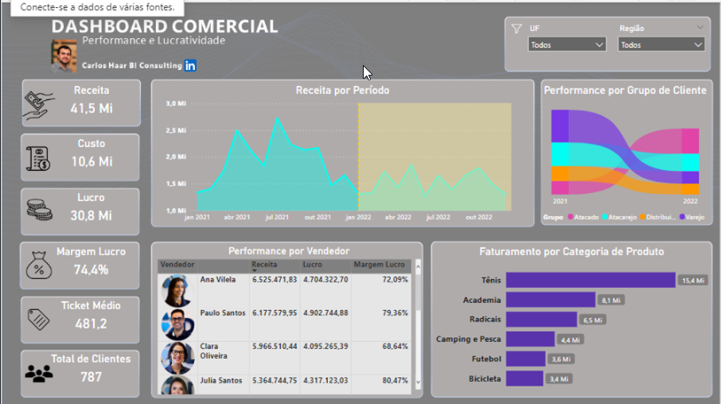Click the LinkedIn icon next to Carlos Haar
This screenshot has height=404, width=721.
pyautogui.click(x=190, y=65)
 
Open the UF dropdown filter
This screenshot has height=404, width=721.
pyautogui.click(x=567, y=45)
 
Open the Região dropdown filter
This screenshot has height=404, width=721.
pyautogui.click(x=661, y=45)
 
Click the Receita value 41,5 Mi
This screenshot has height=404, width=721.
pyautogui.click(x=92, y=108)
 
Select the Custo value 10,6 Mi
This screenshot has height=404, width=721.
pyautogui.click(x=92, y=161)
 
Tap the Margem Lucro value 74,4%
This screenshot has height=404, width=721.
pyautogui.click(x=91, y=270)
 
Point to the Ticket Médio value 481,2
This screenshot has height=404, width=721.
pyautogui.click(x=91, y=324)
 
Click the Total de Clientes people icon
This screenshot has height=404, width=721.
pyautogui.click(x=39, y=372)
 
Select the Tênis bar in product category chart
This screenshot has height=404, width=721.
pyautogui.click(x=590, y=280)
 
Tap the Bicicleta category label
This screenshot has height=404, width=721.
pyautogui.click(x=485, y=379)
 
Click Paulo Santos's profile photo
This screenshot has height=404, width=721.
pyautogui.click(x=177, y=324)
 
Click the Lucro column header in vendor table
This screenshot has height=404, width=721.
pyautogui.click(x=314, y=264)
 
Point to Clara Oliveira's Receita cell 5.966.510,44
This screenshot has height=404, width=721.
pyautogui.click(x=274, y=347)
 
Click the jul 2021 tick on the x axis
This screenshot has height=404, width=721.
pyautogui.click(x=277, y=216)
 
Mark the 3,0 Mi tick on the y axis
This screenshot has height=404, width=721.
pyautogui.click(x=176, y=103)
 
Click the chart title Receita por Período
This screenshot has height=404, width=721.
pyautogui.click(x=342, y=91)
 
